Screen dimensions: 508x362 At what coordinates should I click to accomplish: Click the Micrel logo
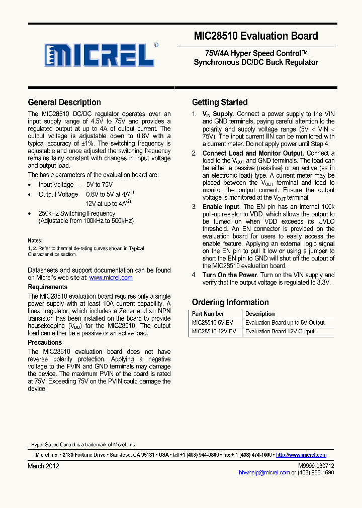point(100,55)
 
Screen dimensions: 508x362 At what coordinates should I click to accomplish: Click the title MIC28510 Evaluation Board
point(255,36)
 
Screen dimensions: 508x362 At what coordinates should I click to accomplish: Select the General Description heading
point(64,102)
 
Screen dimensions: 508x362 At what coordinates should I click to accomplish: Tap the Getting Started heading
point(220,102)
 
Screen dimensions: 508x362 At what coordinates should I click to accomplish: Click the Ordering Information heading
point(230,302)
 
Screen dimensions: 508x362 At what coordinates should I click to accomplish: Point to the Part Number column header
point(208,314)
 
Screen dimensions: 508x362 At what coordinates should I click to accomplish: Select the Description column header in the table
point(260,314)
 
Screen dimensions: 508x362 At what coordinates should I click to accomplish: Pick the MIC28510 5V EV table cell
point(212,323)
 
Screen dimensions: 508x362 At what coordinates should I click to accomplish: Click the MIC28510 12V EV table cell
point(214,331)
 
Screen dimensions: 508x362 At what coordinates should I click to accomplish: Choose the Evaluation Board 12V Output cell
point(280,331)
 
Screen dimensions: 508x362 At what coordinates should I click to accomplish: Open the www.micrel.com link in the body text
point(111,278)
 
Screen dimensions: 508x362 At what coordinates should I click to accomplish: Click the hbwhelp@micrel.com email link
point(264,472)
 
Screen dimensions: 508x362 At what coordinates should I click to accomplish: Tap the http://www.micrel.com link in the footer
point(301,455)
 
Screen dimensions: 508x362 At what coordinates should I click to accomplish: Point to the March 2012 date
point(43,466)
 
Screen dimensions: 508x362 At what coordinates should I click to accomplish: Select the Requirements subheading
point(47,287)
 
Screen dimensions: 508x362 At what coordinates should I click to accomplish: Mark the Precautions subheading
point(45,342)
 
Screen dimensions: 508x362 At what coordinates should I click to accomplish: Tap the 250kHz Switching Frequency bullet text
point(77,213)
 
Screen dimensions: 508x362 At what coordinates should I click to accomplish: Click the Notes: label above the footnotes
point(35,240)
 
